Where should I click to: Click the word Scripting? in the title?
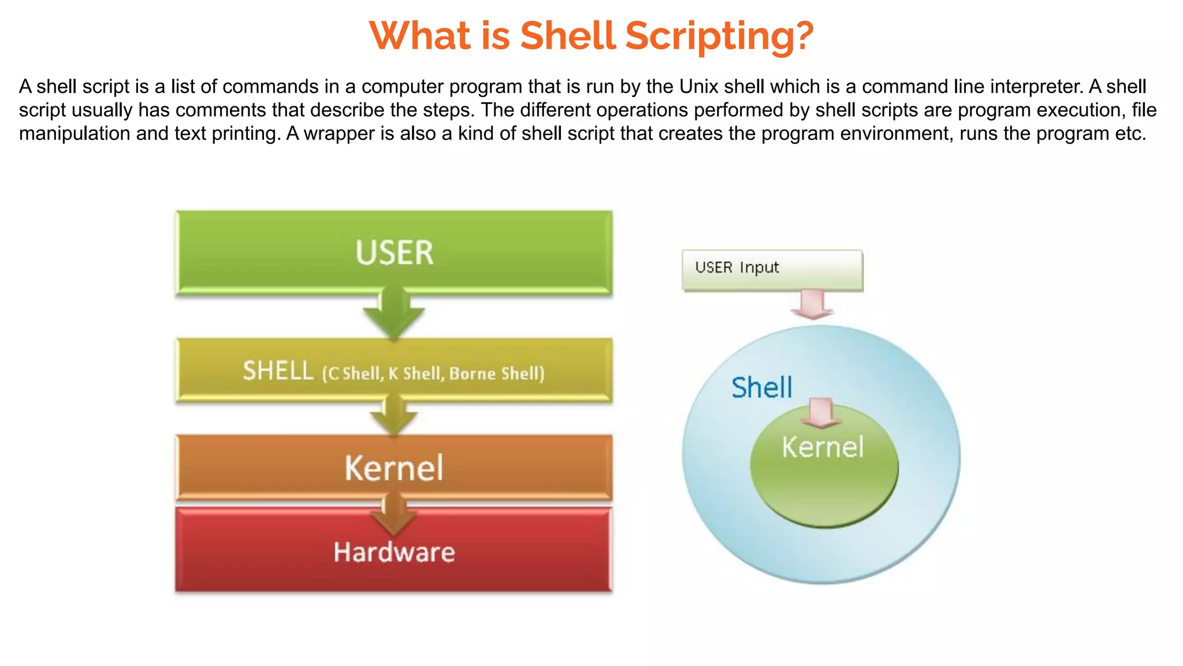pos(719,36)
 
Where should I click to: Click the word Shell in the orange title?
pos(567,36)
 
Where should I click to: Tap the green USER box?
pos(394,252)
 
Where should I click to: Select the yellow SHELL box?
pos(394,371)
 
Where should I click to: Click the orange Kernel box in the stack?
pos(394,467)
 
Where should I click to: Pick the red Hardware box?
pos(394,552)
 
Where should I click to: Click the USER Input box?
pos(772,269)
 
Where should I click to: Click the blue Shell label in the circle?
pos(761,387)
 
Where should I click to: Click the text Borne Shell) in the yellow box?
pos(497,373)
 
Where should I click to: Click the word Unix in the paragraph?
pos(698,87)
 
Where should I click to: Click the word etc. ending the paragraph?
pos(1130,134)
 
